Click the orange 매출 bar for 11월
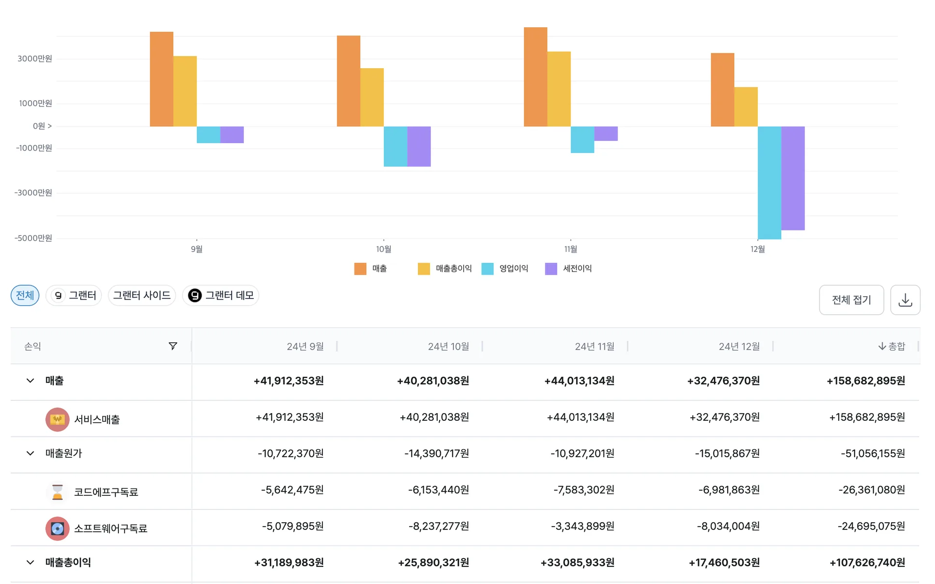click(x=536, y=77)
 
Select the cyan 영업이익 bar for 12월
click(x=769, y=183)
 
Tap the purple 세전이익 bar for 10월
click(x=419, y=147)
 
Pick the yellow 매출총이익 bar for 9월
click(x=185, y=91)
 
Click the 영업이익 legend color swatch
click(x=487, y=269)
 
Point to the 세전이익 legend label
click(x=577, y=268)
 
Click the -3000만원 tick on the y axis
click(x=33, y=193)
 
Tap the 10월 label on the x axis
click(x=384, y=249)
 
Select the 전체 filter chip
click(x=25, y=296)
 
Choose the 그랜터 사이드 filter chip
click(x=142, y=296)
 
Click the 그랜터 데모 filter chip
click(x=221, y=296)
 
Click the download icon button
click(x=905, y=300)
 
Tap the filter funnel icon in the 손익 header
click(x=173, y=346)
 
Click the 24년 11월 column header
click(x=595, y=346)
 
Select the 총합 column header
click(x=892, y=346)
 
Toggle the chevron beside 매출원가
click(x=30, y=453)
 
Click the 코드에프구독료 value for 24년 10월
click(x=439, y=490)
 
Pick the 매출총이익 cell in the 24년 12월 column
click(x=724, y=563)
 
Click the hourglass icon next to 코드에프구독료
click(x=57, y=491)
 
